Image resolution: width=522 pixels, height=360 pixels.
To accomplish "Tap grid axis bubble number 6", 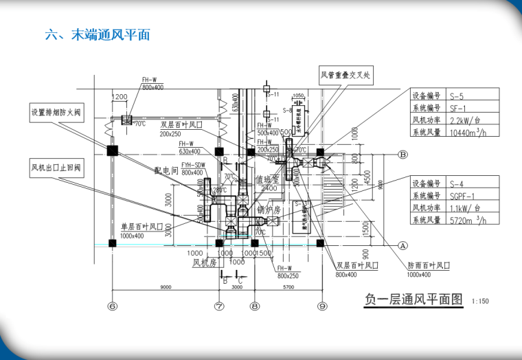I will pyautogui.click(x=113, y=306).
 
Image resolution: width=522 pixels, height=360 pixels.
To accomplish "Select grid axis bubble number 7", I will pyautogui.click(x=219, y=306).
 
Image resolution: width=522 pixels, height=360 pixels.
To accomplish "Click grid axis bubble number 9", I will pyautogui.click(x=321, y=306).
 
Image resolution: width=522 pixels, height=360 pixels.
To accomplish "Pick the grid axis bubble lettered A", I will pyautogui.click(x=403, y=244).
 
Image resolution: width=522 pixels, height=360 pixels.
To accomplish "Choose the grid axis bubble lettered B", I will pyautogui.click(x=403, y=155).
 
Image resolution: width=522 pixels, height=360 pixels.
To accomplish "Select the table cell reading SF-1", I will pyautogui.click(x=458, y=109).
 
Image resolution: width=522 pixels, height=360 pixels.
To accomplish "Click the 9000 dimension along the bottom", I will pyautogui.click(x=166, y=287).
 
